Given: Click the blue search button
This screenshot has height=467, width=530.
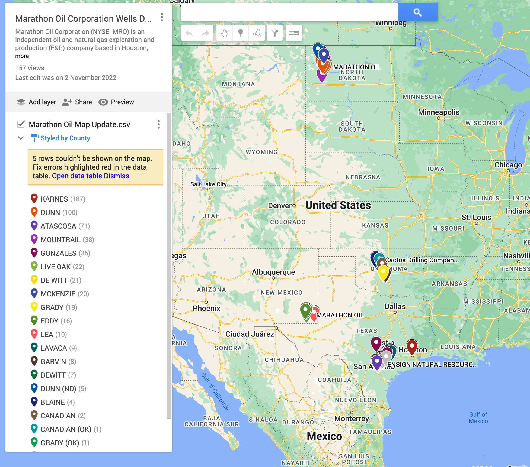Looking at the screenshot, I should [x=417, y=12].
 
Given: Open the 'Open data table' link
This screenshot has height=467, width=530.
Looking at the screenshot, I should [x=77, y=176].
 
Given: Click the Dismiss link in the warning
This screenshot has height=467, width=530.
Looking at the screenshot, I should [x=116, y=176].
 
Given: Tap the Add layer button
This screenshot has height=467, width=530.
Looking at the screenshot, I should [x=36, y=102].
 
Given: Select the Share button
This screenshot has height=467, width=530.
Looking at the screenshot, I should [x=77, y=102].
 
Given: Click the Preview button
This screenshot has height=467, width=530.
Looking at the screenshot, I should [x=116, y=102].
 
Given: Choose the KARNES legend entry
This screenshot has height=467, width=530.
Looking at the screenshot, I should [x=54, y=199].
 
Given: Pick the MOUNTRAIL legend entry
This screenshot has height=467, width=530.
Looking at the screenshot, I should [x=60, y=240].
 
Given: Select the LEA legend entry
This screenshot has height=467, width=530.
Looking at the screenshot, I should [x=47, y=335].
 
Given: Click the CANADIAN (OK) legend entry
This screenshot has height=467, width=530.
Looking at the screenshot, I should [x=66, y=429].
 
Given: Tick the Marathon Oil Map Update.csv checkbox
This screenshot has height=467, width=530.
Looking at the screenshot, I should [x=21, y=124].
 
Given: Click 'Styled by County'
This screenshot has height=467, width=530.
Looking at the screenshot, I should [x=65, y=138].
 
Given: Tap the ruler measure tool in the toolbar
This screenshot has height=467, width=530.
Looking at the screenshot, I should [x=293, y=33].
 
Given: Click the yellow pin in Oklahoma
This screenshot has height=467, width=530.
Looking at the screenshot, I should [x=383, y=272].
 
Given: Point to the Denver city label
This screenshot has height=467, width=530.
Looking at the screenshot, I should [x=280, y=206].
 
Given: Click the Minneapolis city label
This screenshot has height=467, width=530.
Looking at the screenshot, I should [x=439, y=112].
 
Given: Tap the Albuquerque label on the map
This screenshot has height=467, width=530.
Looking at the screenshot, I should [x=273, y=272].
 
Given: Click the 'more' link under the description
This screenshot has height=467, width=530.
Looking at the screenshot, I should [x=22, y=56].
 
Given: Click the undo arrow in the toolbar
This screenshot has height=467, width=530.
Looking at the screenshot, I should [x=189, y=33].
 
